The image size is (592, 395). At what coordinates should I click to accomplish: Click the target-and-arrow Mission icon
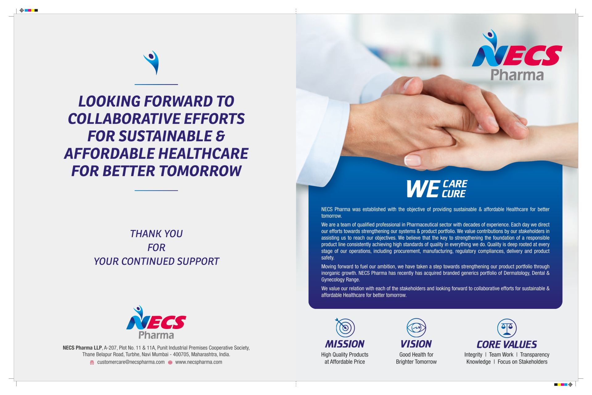(345, 327)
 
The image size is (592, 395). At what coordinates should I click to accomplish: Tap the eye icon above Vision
(416, 327)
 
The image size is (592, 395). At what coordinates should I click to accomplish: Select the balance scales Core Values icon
(507, 328)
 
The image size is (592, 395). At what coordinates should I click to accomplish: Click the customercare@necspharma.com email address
(131, 362)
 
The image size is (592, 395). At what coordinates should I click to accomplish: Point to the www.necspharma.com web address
(199, 362)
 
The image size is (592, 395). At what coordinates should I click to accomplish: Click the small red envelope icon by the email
(92, 362)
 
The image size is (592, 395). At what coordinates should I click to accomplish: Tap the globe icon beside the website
(170, 362)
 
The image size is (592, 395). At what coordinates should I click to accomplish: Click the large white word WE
(423, 189)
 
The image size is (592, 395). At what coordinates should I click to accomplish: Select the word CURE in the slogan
(454, 194)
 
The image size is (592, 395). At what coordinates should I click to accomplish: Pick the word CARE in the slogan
(455, 184)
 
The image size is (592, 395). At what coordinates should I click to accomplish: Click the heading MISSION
(345, 344)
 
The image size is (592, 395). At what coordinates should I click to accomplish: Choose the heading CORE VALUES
(507, 344)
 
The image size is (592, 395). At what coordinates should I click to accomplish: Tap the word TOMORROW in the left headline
(200, 171)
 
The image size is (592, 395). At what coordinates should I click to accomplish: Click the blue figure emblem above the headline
(152, 63)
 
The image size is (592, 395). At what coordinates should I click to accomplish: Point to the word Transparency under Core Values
(535, 355)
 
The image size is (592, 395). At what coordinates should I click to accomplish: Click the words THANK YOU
(156, 234)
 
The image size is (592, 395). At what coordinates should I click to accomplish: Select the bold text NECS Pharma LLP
(82, 348)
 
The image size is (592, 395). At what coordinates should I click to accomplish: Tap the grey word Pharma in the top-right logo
(517, 75)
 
